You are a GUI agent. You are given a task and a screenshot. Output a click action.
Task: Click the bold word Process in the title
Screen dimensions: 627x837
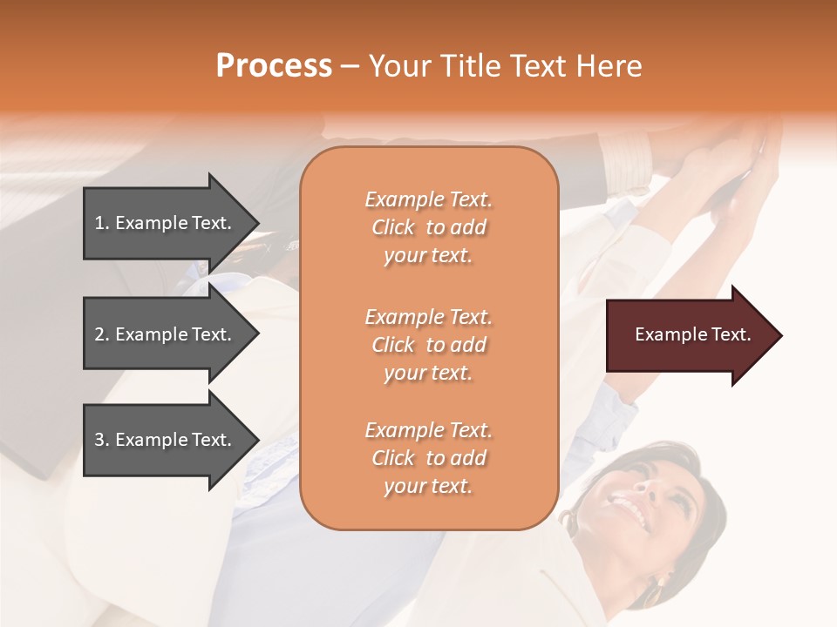(274, 66)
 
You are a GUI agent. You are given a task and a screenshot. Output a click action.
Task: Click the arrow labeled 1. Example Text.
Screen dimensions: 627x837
(166, 223)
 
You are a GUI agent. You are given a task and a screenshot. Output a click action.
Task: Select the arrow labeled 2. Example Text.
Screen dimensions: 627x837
(166, 334)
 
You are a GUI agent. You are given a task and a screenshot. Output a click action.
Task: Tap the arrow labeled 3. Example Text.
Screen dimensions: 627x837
(166, 440)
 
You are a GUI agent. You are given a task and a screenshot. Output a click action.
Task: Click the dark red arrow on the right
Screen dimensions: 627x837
(689, 334)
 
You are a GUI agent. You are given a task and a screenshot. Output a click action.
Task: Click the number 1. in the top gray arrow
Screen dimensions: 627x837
(102, 223)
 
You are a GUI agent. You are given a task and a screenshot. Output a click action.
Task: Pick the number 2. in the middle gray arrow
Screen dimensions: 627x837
(102, 334)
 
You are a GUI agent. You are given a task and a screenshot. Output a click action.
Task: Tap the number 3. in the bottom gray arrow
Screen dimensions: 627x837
(102, 440)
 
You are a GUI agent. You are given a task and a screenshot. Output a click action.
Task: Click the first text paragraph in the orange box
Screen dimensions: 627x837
(428, 227)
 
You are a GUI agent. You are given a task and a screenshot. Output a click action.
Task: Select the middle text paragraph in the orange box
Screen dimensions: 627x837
(428, 345)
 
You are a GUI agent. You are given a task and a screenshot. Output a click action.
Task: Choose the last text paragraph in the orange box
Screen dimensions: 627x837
(428, 458)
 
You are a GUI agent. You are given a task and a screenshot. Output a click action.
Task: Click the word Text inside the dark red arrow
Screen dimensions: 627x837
(731, 334)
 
